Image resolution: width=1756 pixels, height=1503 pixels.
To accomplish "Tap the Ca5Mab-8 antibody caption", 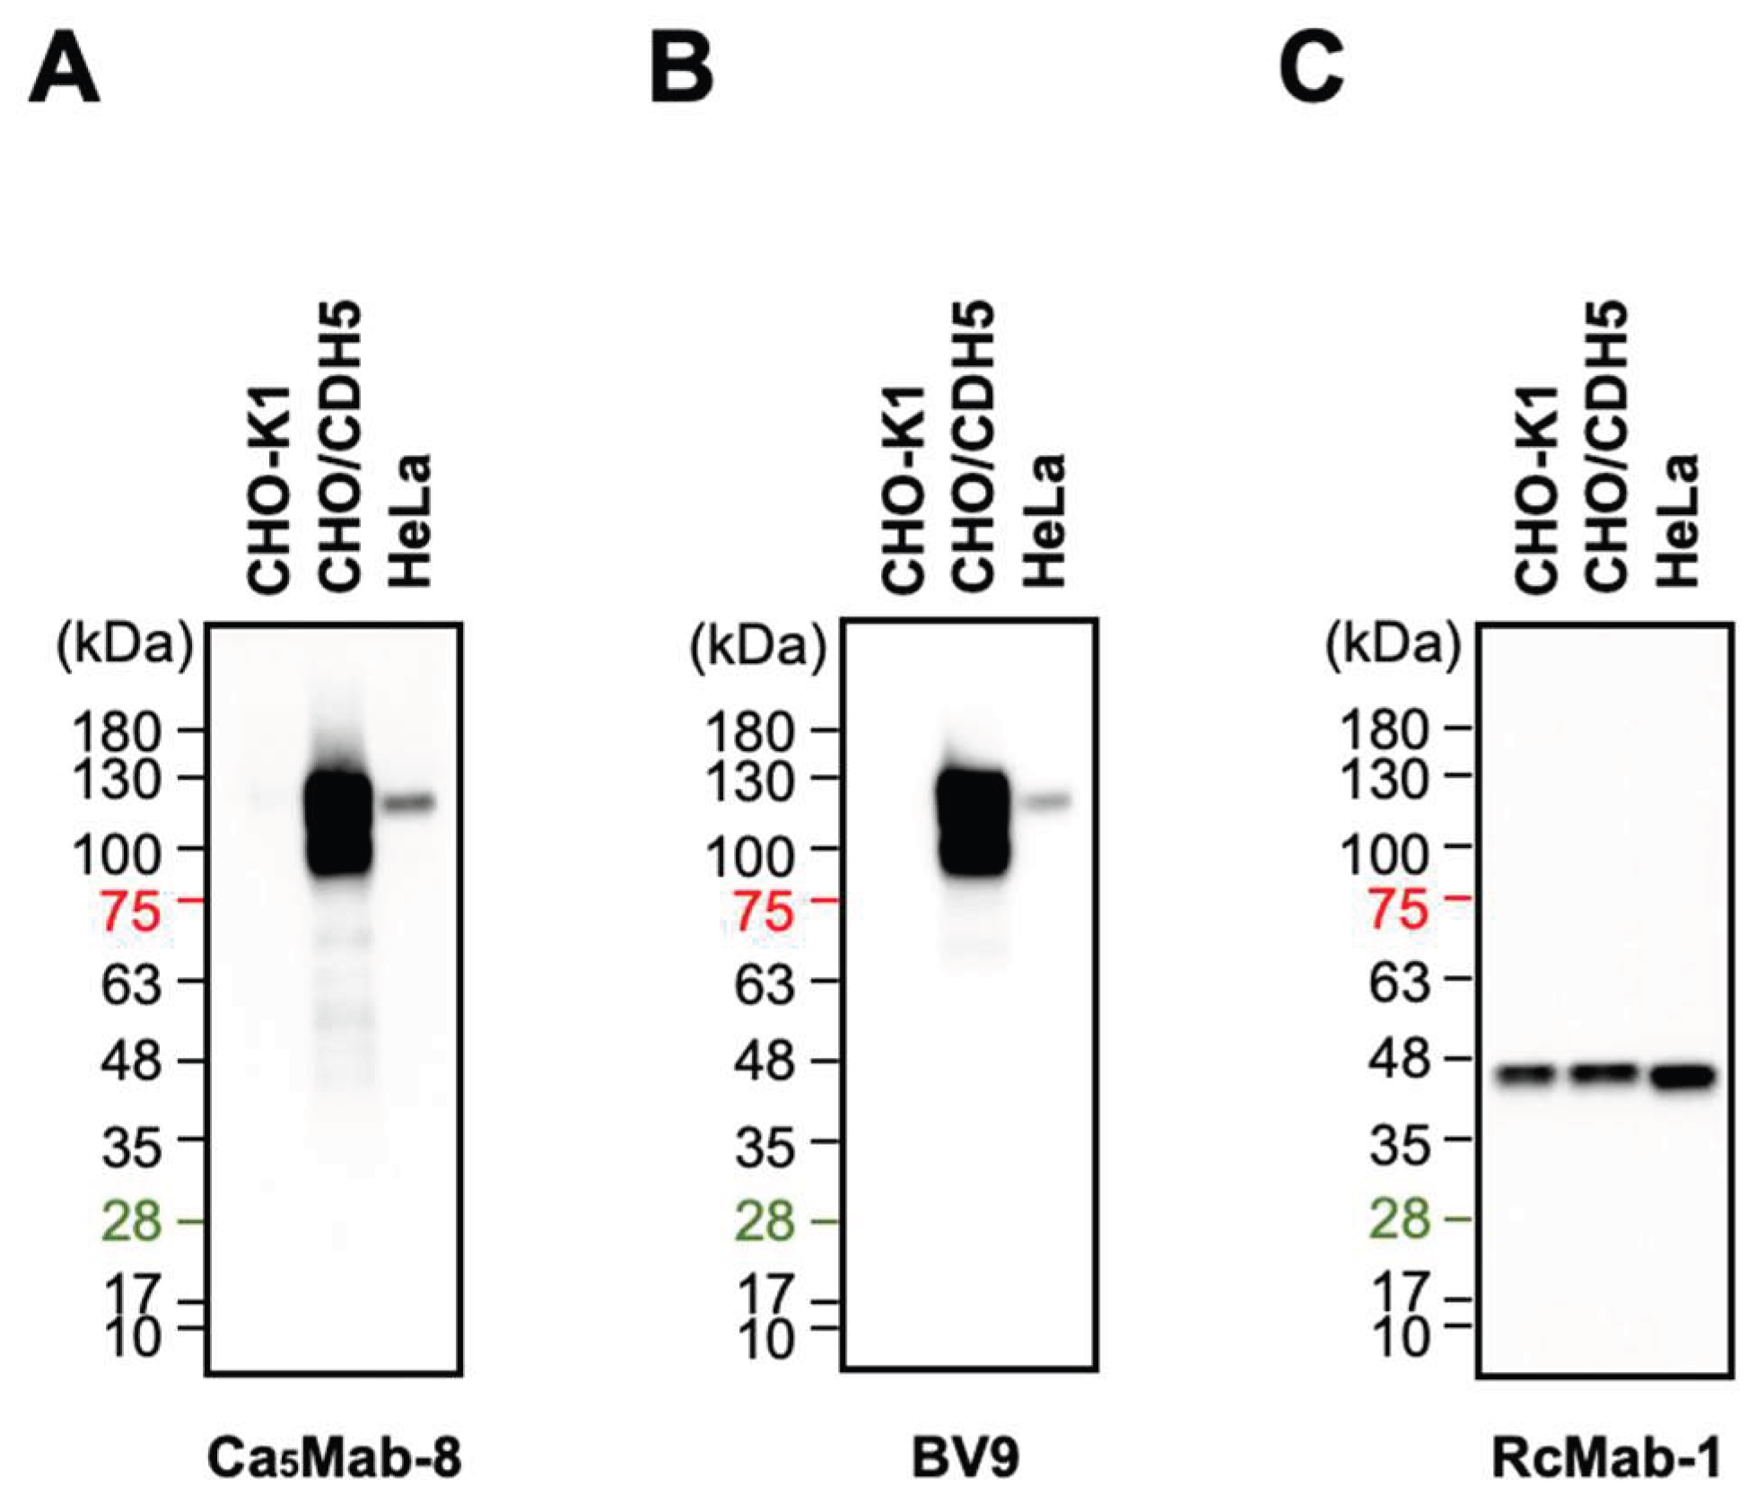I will (334, 1458).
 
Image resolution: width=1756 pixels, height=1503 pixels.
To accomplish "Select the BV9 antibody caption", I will (965, 1458).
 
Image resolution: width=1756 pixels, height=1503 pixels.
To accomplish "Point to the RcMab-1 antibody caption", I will (1605, 1458).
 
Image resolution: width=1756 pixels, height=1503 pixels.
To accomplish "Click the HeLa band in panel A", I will (410, 802).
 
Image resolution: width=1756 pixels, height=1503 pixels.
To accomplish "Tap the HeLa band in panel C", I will (1683, 1076).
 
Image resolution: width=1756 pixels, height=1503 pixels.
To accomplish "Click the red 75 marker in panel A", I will (131, 913).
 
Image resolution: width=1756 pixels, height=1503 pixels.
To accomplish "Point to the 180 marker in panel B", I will (763, 732).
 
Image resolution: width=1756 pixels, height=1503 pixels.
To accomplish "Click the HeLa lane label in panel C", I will (1676, 520).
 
